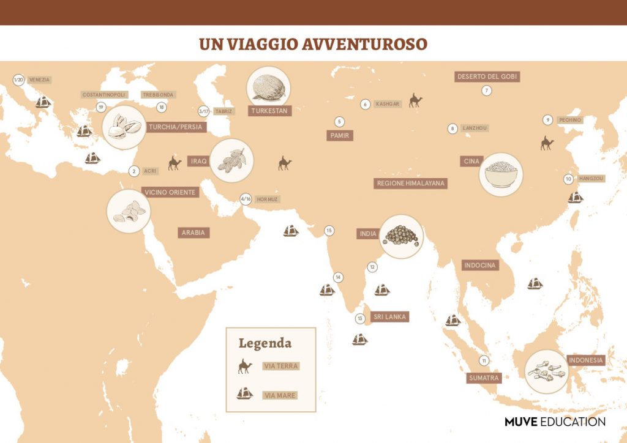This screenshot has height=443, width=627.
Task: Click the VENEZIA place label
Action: (x=39, y=80)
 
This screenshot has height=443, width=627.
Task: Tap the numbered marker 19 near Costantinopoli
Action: (x=101, y=107)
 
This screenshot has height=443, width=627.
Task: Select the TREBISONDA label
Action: (x=158, y=95)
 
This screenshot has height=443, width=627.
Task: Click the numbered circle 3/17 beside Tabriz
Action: (x=204, y=111)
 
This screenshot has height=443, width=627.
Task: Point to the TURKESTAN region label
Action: (x=269, y=111)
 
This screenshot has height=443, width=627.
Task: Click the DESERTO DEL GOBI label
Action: (x=487, y=76)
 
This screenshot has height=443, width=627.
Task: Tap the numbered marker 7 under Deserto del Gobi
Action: (x=487, y=91)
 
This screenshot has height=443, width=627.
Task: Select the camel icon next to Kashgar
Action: (x=416, y=100)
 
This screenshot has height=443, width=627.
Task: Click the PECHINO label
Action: (x=569, y=120)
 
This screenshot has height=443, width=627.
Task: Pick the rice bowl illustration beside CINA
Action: (x=501, y=174)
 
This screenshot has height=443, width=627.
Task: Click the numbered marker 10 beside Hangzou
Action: (x=568, y=179)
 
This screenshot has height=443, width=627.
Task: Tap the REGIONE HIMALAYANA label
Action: (x=411, y=183)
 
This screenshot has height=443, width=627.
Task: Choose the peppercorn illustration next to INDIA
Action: (x=401, y=236)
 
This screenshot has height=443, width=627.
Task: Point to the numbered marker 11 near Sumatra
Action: (x=484, y=360)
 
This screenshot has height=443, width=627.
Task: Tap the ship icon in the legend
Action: (x=245, y=393)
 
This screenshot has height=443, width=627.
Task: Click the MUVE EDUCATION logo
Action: (x=555, y=422)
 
